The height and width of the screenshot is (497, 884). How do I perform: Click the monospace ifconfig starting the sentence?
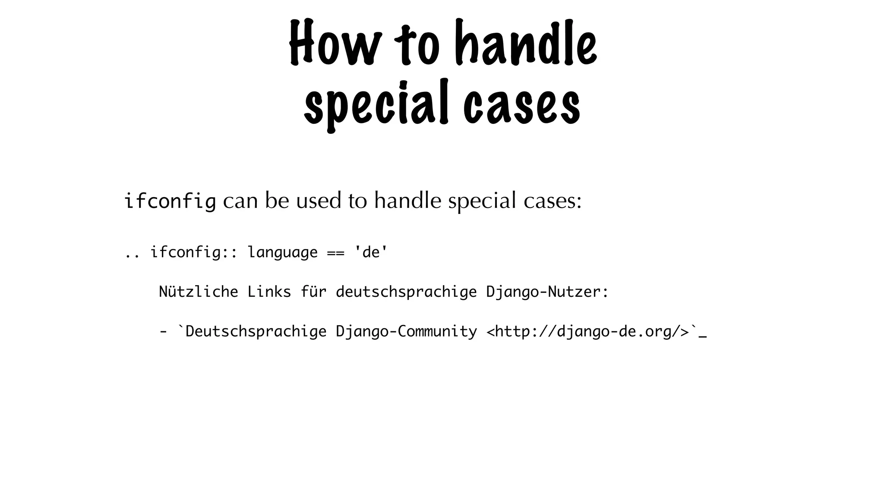pyautogui.click(x=170, y=201)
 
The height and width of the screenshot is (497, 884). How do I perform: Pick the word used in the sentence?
pyautogui.click(x=319, y=201)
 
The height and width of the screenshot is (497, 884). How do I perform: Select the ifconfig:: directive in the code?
pyautogui.click(x=194, y=252)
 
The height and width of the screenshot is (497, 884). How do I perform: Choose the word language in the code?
pyautogui.click(x=282, y=253)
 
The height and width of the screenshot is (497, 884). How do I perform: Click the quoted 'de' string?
pyautogui.click(x=371, y=252)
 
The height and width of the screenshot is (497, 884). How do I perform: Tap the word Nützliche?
pyautogui.click(x=198, y=292)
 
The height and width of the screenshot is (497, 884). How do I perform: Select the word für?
pyautogui.click(x=313, y=292)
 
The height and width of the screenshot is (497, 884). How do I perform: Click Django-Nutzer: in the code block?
pyautogui.click(x=547, y=292)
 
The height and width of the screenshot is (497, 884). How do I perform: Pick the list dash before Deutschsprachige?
pyautogui.click(x=163, y=332)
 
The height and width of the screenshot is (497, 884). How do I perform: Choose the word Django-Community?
pyautogui.click(x=406, y=332)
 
